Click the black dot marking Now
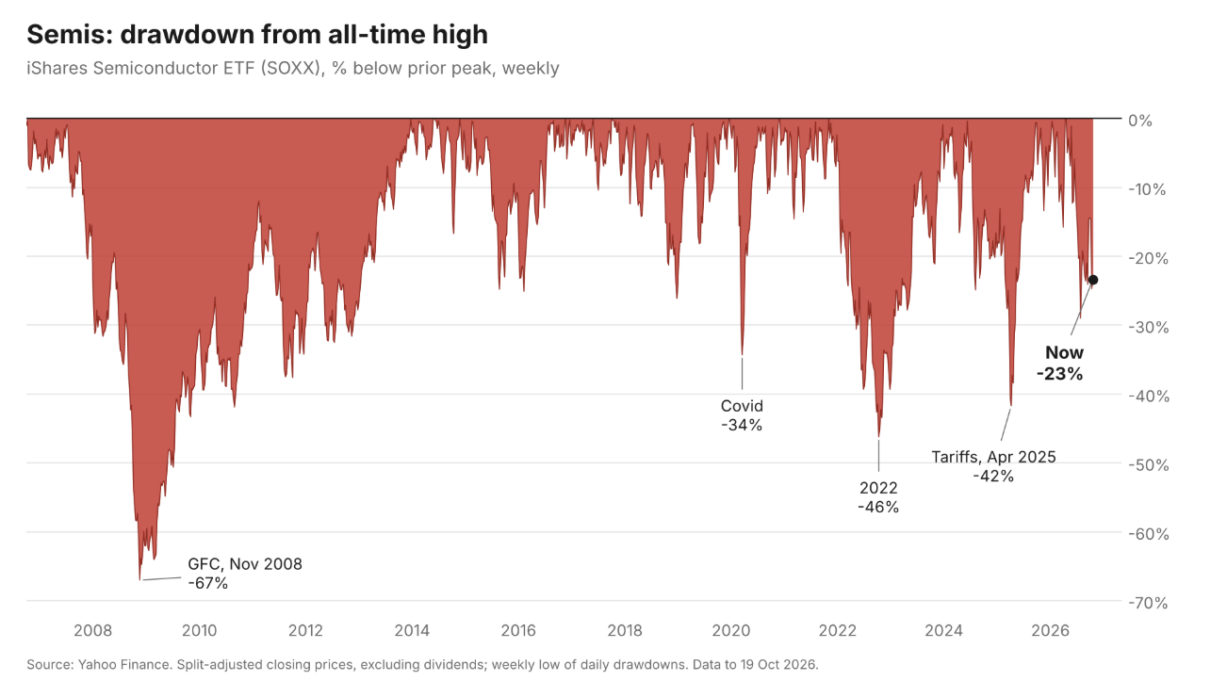[1093, 280]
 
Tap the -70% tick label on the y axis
[1148, 603]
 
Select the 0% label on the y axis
[1140, 121]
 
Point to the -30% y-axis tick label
[1148, 328]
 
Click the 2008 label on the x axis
[92, 631]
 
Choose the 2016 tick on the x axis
[518, 631]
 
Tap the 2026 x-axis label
[1050, 631]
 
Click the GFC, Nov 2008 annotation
[245, 564]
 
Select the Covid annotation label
[742, 406]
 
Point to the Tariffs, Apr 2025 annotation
[993, 457]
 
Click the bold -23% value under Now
[1059, 374]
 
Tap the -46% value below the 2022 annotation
[878, 507]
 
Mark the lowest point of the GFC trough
[139, 579]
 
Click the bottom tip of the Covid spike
[743, 355]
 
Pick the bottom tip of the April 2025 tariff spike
[1010, 406]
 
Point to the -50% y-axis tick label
[1148, 465]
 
